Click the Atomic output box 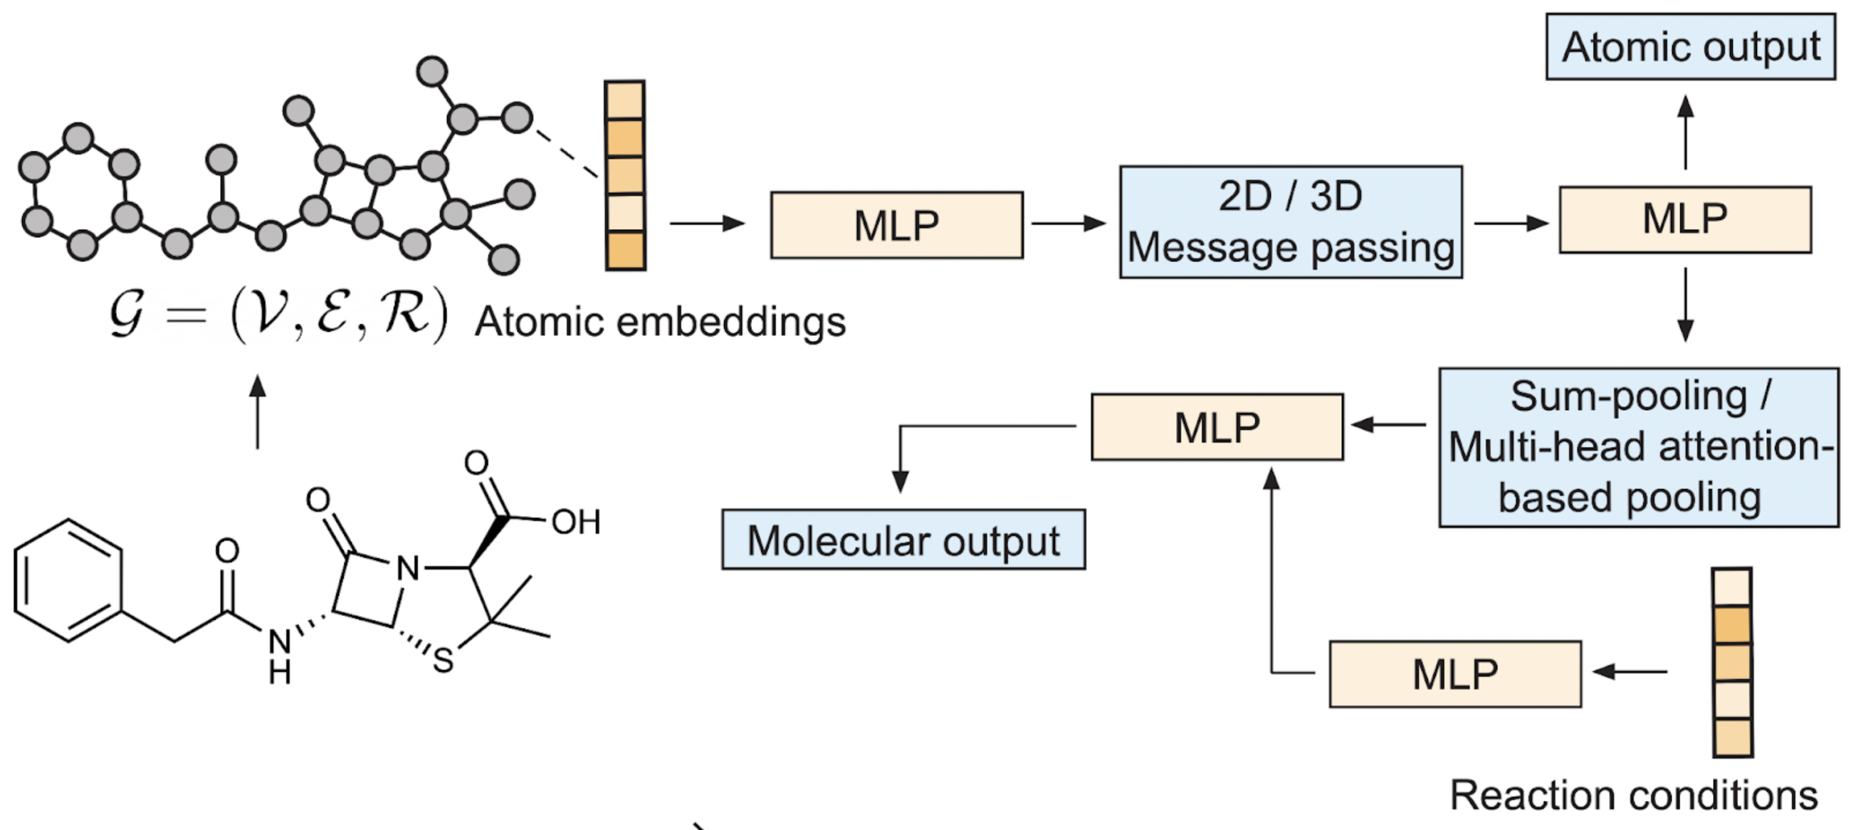point(1690,47)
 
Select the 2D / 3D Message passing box point(1291,222)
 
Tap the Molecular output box point(903,540)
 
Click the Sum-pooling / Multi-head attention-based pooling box point(1639,447)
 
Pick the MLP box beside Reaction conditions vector point(1455,674)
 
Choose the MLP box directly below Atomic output point(1685,219)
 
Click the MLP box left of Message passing point(897,225)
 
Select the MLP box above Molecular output point(1217,427)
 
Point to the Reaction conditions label point(1633,796)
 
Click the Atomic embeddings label point(661,321)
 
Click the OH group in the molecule point(575,522)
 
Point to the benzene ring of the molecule point(68,580)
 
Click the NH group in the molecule point(280,656)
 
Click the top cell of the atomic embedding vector point(624,100)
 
